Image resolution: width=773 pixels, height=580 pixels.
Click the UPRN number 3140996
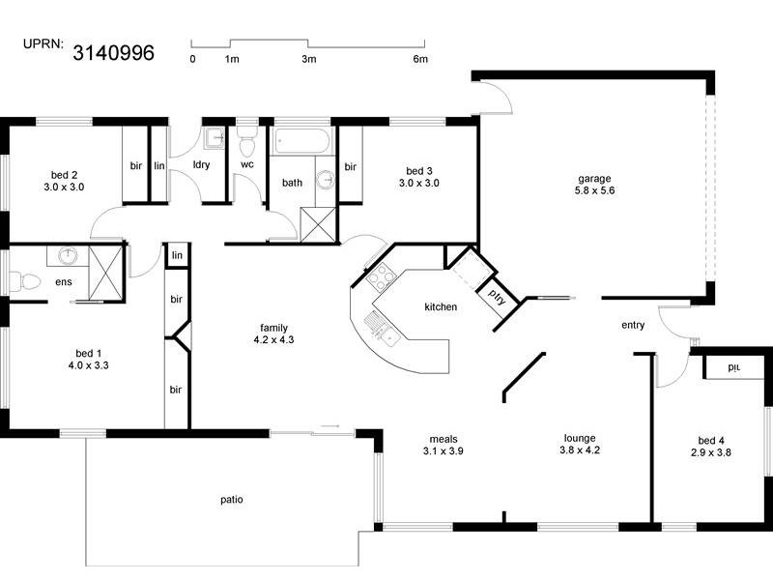tap(114, 53)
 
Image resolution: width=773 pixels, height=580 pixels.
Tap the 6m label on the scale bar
tap(420, 60)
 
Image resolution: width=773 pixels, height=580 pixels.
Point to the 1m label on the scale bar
tap(232, 60)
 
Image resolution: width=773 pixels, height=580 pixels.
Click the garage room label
tap(594, 178)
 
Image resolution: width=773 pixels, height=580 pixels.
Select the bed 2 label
tap(65, 175)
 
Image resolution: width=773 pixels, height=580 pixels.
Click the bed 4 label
tap(709, 439)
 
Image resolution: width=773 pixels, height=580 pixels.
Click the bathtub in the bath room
tap(301, 142)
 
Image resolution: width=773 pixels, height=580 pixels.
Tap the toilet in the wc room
tap(247, 143)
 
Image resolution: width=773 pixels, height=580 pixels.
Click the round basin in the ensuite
tap(68, 256)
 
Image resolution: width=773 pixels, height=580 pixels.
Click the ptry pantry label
tap(497, 293)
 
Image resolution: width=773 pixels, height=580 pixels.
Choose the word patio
tap(231, 500)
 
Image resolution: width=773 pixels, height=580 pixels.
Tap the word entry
tap(633, 325)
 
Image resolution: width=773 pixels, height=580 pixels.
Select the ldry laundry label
tap(202, 164)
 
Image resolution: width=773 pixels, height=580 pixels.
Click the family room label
tap(272, 328)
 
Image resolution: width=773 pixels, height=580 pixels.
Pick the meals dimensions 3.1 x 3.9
tap(444, 450)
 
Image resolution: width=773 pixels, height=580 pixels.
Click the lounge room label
tap(580, 437)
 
